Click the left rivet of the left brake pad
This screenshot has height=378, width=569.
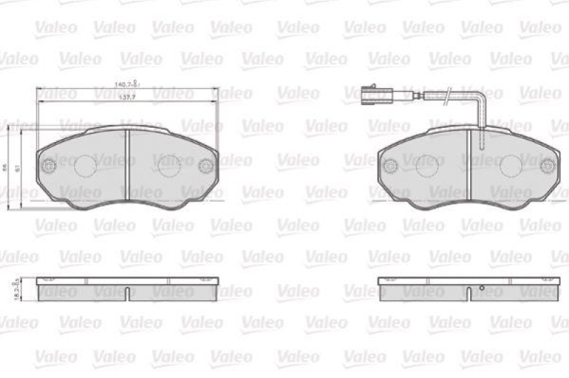tap(49, 166)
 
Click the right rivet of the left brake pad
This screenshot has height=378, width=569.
tap(206, 166)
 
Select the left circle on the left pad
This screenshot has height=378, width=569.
tap(85, 166)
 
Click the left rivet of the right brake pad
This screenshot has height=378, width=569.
tap(390, 166)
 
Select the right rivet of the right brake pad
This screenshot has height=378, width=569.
tap(546, 166)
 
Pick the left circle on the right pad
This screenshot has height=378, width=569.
tap(427, 167)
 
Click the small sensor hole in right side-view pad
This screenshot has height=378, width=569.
tap(481, 288)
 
